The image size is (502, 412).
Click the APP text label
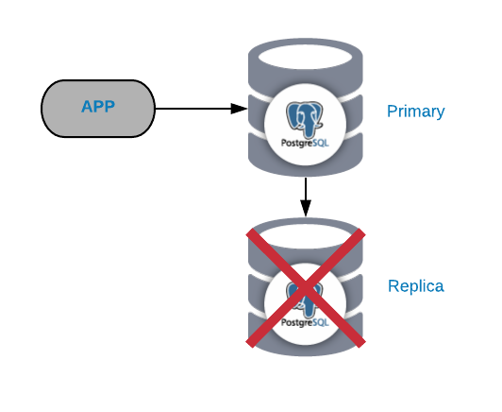click(x=98, y=107)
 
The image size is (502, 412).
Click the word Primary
click(x=415, y=112)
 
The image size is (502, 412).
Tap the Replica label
click(x=416, y=286)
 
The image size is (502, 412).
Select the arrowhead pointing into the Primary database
click(x=239, y=109)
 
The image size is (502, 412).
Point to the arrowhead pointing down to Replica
click(x=306, y=208)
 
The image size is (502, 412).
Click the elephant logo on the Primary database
click(x=304, y=120)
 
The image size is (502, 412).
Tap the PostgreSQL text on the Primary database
click(x=305, y=143)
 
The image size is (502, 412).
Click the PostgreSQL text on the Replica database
click(x=305, y=322)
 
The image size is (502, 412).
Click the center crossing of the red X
click(x=306, y=287)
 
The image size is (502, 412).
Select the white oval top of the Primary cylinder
click(x=305, y=57)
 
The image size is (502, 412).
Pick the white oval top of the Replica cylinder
click(x=305, y=236)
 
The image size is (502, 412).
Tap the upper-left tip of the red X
click(x=250, y=232)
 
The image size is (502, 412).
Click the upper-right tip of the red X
click(x=361, y=232)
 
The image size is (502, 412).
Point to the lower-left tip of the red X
click(x=250, y=344)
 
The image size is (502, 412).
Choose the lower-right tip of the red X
click(x=361, y=344)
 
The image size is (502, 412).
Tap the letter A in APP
click(x=87, y=107)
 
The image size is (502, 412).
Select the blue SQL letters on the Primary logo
click(x=321, y=143)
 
